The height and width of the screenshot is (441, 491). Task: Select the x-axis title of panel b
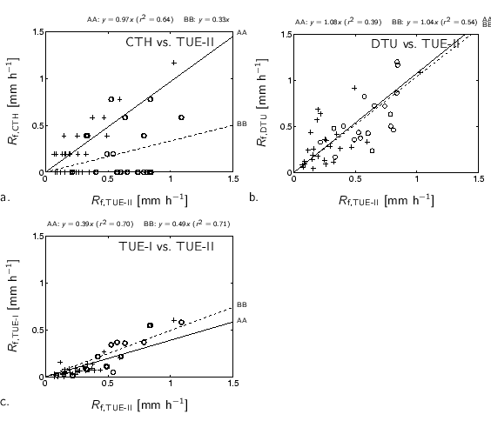386,201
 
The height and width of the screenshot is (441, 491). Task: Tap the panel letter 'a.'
6,198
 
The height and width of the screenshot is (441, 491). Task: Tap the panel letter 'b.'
254,197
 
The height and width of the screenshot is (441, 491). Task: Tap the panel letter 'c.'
6,403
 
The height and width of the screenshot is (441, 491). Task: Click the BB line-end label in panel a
242,124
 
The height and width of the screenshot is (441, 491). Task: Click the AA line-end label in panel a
242,31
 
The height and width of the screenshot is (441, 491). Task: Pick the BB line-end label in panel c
242,305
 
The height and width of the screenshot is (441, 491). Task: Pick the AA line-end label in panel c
242,321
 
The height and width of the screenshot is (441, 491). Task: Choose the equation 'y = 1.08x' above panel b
325,19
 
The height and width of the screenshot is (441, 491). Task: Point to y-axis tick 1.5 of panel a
37,32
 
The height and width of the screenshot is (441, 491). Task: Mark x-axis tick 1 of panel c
171,384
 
